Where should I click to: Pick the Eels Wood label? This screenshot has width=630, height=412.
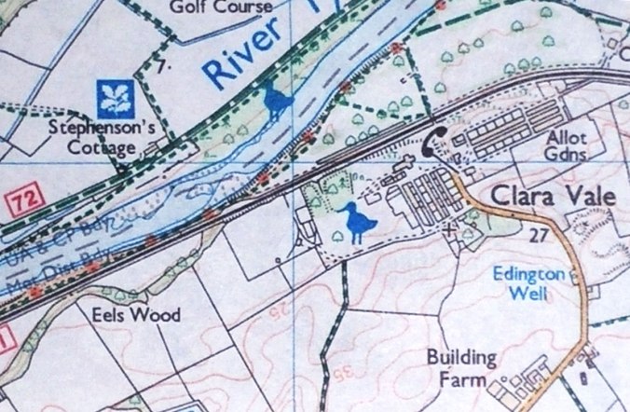click(142, 315)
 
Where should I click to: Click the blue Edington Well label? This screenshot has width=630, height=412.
click(537, 284)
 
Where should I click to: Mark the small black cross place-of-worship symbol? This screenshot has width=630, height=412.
click(451, 227)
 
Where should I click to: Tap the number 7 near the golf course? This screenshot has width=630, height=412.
click(161, 67)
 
